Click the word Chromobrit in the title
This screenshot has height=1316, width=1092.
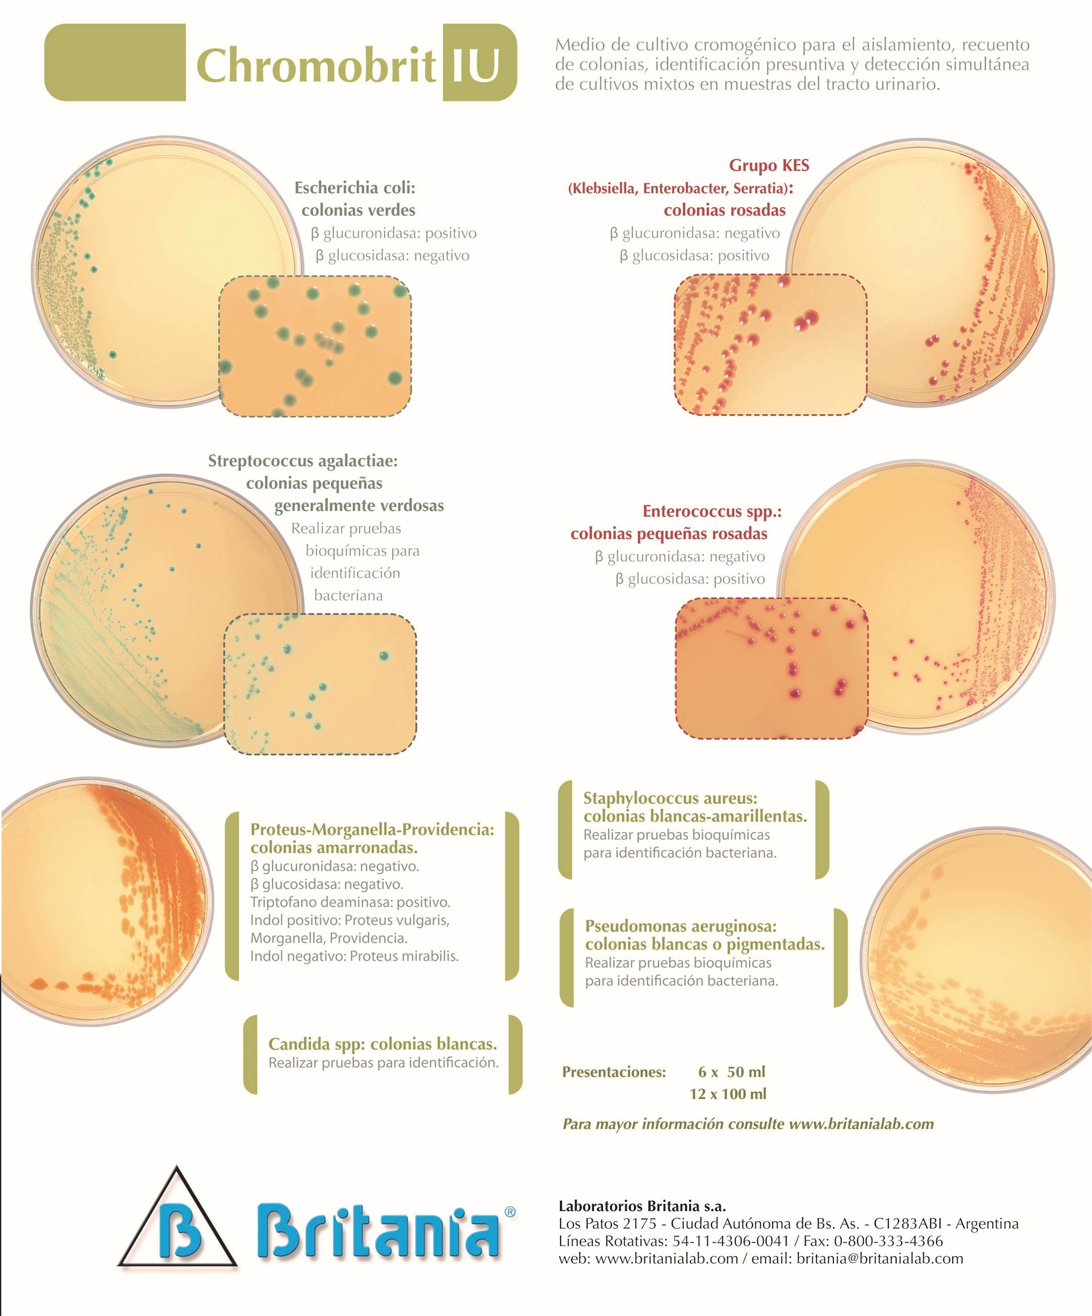(x=316, y=66)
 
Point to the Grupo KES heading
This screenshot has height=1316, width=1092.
(x=769, y=166)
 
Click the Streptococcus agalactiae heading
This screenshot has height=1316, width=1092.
(x=303, y=461)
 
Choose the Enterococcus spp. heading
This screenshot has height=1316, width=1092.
(x=712, y=512)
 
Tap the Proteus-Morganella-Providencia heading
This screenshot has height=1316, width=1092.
(x=372, y=829)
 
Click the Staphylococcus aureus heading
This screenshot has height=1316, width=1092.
(x=670, y=798)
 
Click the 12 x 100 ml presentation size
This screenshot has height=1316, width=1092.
(x=728, y=1093)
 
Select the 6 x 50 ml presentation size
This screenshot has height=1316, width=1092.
(x=731, y=1072)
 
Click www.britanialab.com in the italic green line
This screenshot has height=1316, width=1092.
(x=861, y=1123)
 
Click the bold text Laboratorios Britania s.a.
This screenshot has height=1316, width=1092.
(x=642, y=1206)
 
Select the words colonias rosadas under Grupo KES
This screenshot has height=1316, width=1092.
(x=725, y=210)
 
